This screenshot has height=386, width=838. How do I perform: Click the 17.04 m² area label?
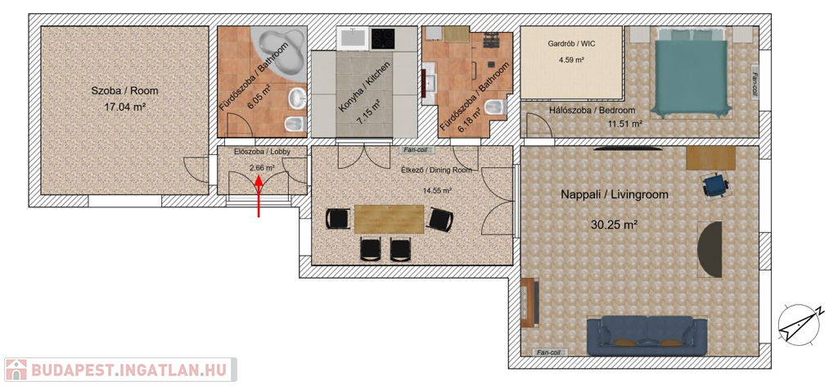coord(125,107)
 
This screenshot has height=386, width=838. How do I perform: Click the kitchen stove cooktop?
coord(383,38)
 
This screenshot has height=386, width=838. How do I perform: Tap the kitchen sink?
coord(352,38)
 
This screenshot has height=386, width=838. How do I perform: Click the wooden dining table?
coord(389,219)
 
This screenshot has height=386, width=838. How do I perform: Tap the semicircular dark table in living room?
coord(710,249)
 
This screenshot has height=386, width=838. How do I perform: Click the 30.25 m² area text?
coord(615,225)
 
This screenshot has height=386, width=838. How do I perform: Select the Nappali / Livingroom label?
coord(615,195)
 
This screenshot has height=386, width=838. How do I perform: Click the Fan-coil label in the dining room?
coord(415,150)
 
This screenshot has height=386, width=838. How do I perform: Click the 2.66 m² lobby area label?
coord(262,167)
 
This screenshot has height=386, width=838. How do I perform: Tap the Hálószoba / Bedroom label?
coord(592,111)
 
